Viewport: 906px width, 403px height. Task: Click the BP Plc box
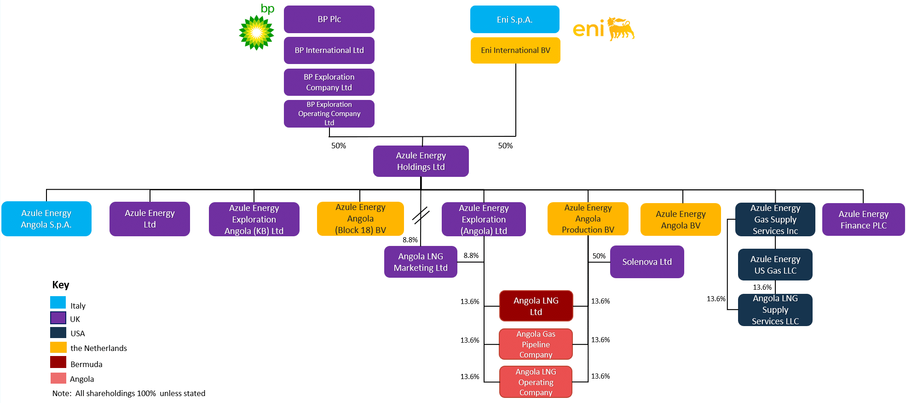pos(329,19)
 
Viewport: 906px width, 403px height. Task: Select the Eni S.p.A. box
pos(514,19)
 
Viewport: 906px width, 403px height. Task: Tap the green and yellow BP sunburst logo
pos(256,32)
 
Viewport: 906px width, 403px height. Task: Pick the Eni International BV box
pos(515,50)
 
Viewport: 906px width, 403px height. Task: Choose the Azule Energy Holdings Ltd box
pos(421,161)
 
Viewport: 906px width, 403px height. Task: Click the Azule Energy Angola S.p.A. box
pos(46,219)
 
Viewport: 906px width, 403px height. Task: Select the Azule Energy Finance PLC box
pos(863,220)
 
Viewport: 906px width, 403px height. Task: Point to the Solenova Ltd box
pos(646,262)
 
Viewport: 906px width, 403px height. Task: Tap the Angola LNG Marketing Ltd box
pos(421,262)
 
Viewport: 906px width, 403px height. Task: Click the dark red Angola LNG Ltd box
pos(536,306)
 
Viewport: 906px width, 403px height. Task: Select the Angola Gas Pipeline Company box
pos(536,344)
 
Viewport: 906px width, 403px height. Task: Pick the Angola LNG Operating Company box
pos(536,382)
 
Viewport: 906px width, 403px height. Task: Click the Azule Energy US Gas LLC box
pos(775,265)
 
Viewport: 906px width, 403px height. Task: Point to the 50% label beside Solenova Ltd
pos(599,256)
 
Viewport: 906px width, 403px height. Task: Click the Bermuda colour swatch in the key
pos(58,362)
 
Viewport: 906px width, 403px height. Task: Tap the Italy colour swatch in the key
pos(58,303)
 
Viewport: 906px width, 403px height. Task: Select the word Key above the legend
pos(61,285)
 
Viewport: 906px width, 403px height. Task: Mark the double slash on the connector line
pos(421,215)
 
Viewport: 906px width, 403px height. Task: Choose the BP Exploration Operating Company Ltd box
pos(329,114)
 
